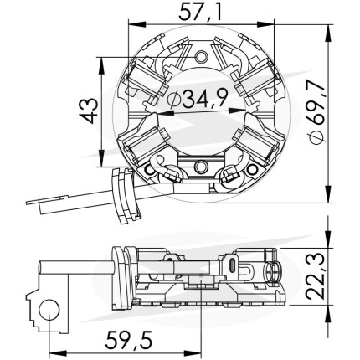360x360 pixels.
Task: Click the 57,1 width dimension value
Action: point(200,13)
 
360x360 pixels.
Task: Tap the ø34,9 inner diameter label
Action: point(197,98)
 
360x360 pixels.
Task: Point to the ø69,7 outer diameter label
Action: point(316,112)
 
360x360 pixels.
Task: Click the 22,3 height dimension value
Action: point(316,276)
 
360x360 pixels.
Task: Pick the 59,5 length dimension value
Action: point(129,340)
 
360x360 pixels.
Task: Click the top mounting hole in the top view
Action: point(202,57)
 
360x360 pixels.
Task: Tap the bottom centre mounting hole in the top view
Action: point(201,167)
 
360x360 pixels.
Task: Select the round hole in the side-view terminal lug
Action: point(49,310)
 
